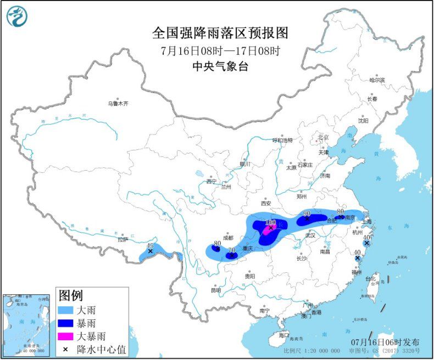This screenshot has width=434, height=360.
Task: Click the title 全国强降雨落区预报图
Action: pyautogui.click(x=220, y=33)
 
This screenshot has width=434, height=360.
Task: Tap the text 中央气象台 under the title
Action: pyautogui.click(x=220, y=66)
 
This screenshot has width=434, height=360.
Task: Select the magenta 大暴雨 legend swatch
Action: pyautogui.click(x=69, y=335)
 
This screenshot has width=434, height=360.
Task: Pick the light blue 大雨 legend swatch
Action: pyautogui.click(x=69, y=310)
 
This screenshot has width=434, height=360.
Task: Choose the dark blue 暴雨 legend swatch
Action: pyautogui.click(x=69, y=323)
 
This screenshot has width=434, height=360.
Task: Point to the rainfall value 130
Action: pyautogui.click(x=270, y=224)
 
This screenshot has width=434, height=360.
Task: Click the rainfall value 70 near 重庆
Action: pyautogui.click(x=231, y=250)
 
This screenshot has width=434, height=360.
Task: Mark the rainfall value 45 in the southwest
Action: pyautogui.click(x=150, y=245)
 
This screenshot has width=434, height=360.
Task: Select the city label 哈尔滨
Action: pyautogui.click(x=377, y=80)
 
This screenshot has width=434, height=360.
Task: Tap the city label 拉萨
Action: pyautogui.click(x=122, y=239)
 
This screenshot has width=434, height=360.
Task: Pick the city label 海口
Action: pyautogui.click(x=283, y=335)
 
